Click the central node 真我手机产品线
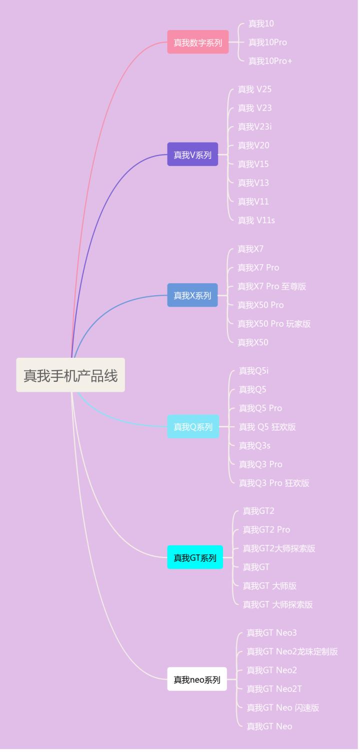pos(70,375)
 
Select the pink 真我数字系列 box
pos(198,43)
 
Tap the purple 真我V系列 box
pos(192,155)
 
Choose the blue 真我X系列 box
pos(192,295)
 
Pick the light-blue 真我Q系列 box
pos(193,427)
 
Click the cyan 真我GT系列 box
pos(195,557)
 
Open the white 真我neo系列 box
pos(197,679)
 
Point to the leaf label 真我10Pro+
pos(270,61)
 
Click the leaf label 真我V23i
pos(254,127)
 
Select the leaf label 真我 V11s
pos(256,220)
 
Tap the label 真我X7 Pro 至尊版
pos(271,286)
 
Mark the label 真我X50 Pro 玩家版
pos(274,324)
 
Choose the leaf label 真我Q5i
pos(253,371)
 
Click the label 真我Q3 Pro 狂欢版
pos(274,483)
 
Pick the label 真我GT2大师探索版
pos(279,548)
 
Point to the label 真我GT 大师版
pos(269,585)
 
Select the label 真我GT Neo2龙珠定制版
pos(292,651)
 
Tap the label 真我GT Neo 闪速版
pos(282,707)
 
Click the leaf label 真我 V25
pos(254,89)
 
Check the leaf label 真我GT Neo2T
pos(274,689)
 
